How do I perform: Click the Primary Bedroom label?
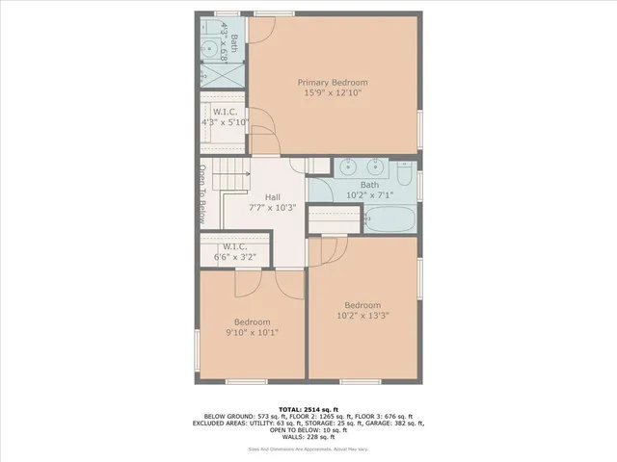pyautogui.click(x=333, y=83)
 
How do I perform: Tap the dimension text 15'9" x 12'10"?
pyautogui.click(x=333, y=94)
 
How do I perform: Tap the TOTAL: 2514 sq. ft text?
pyautogui.click(x=308, y=408)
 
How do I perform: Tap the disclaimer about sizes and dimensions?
pyautogui.click(x=308, y=449)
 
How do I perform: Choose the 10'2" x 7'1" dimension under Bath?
pyautogui.click(x=370, y=195)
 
